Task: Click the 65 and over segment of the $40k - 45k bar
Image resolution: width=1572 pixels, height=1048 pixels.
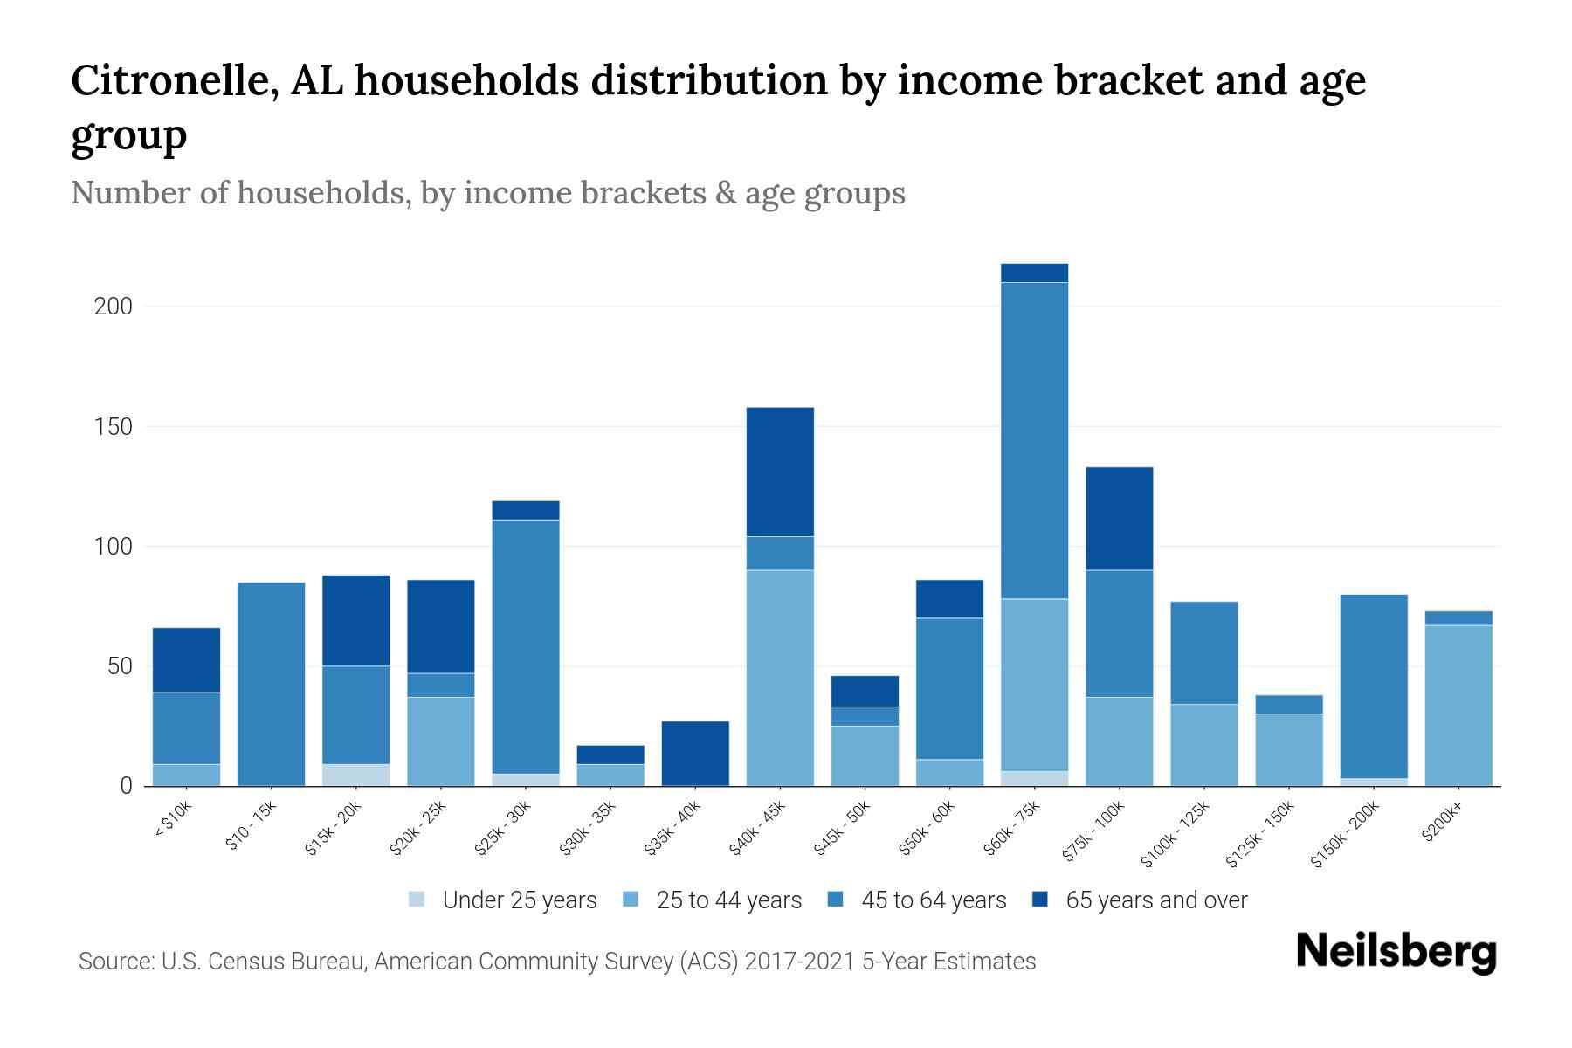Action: point(780,472)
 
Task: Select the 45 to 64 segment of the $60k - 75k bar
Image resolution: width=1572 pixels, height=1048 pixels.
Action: point(1034,440)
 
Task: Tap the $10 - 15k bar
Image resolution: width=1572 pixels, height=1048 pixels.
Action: point(271,684)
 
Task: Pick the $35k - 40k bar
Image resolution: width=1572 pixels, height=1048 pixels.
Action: point(695,753)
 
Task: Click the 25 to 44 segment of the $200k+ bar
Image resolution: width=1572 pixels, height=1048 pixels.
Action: point(1458,706)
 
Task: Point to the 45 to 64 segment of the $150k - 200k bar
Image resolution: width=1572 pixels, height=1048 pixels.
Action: point(1374,686)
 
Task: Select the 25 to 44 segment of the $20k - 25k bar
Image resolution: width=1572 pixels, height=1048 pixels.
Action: point(440,741)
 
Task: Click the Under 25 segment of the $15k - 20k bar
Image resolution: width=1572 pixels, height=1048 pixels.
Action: point(355,775)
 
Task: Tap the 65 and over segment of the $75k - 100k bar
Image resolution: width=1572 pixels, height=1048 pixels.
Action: point(1119,519)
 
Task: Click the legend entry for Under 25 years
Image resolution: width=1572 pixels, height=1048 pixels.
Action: point(503,900)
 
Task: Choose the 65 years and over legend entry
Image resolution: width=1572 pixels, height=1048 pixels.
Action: point(1140,900)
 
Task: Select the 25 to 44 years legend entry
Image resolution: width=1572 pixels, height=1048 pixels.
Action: point(713,900)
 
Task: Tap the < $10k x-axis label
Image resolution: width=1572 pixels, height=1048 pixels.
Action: point(173,821)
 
